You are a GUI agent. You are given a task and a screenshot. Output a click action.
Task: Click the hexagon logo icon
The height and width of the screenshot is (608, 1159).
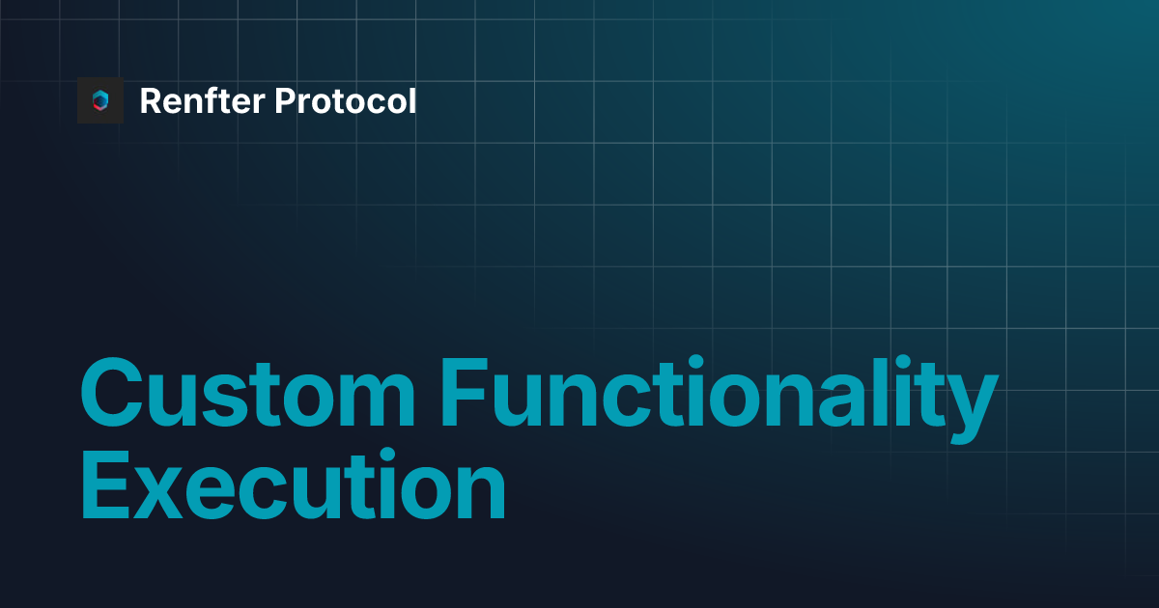tap(100, 100)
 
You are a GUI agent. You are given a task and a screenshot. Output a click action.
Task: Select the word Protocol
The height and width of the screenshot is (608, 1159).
tap(346, 100)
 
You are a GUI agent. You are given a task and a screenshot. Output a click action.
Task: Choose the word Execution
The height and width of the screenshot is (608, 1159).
tap(293, 489)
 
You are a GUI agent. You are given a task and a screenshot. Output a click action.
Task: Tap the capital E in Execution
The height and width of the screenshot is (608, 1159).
tap(104, 489)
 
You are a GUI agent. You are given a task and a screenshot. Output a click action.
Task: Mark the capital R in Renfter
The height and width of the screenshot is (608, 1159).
tap(151, 100)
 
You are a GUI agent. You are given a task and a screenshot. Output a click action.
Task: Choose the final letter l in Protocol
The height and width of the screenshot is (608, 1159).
tap(412, 100)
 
